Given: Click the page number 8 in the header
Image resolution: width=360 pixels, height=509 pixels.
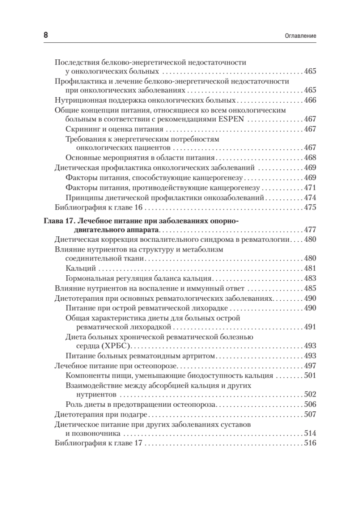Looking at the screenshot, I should click(x=46, y=36).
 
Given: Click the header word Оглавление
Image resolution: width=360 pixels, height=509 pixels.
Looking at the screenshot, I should click(x=299, y=36).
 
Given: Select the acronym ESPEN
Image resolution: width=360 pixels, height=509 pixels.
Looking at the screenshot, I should click(x=231, y=120).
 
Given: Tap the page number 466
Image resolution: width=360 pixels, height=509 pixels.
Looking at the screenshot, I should click(x=310, y=101).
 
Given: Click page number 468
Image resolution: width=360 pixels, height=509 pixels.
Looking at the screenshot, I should click(x=310, y=157).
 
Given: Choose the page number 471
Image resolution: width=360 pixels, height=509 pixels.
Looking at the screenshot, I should click(x=310, y=187).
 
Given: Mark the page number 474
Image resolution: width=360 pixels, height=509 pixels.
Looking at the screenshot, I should click(x=310, y=198).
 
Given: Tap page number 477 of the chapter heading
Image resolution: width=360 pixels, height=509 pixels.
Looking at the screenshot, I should click(x=310, y=230).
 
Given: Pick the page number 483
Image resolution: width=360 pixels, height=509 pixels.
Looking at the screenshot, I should click(x=310, y=279).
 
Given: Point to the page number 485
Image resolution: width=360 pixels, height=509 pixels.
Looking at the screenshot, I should click(x=310, y=288).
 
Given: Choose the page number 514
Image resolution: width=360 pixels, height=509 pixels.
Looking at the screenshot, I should click(x=310, y=433).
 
